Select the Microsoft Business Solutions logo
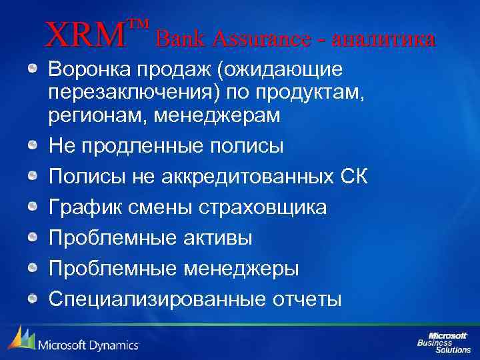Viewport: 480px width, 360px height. point(443,340)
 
